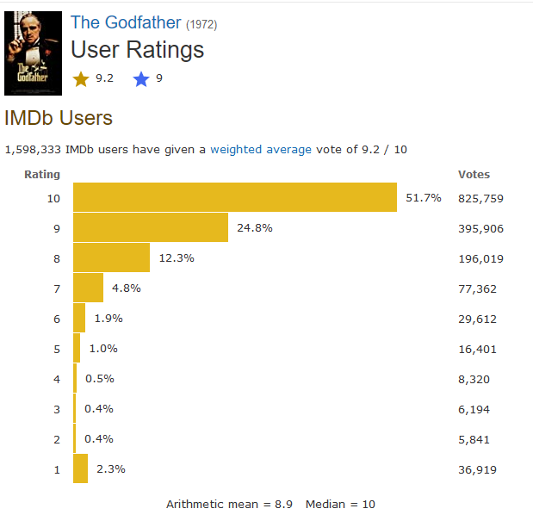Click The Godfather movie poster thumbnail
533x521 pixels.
coord(33,53)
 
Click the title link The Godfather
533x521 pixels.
coord(126,22)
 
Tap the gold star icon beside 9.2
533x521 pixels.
coord(81,79)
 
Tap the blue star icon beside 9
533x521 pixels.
coord(141,79)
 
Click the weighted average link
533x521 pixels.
coord(261,149)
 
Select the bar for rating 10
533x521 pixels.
coord(234,197)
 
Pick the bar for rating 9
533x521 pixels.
coord(151,228)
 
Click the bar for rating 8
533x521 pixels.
coord(111,257)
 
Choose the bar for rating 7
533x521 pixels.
coord(88,288)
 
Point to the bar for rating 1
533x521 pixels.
coord(80,468)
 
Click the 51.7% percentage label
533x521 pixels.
coord(423,198)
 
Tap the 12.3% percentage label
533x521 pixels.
coord(177,258)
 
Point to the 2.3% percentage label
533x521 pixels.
coord(111,469)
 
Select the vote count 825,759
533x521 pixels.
coord(480,198)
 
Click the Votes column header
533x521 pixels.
coord(474,174)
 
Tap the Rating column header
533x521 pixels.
coord(42,174)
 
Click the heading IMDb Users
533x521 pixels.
coord(59,118)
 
